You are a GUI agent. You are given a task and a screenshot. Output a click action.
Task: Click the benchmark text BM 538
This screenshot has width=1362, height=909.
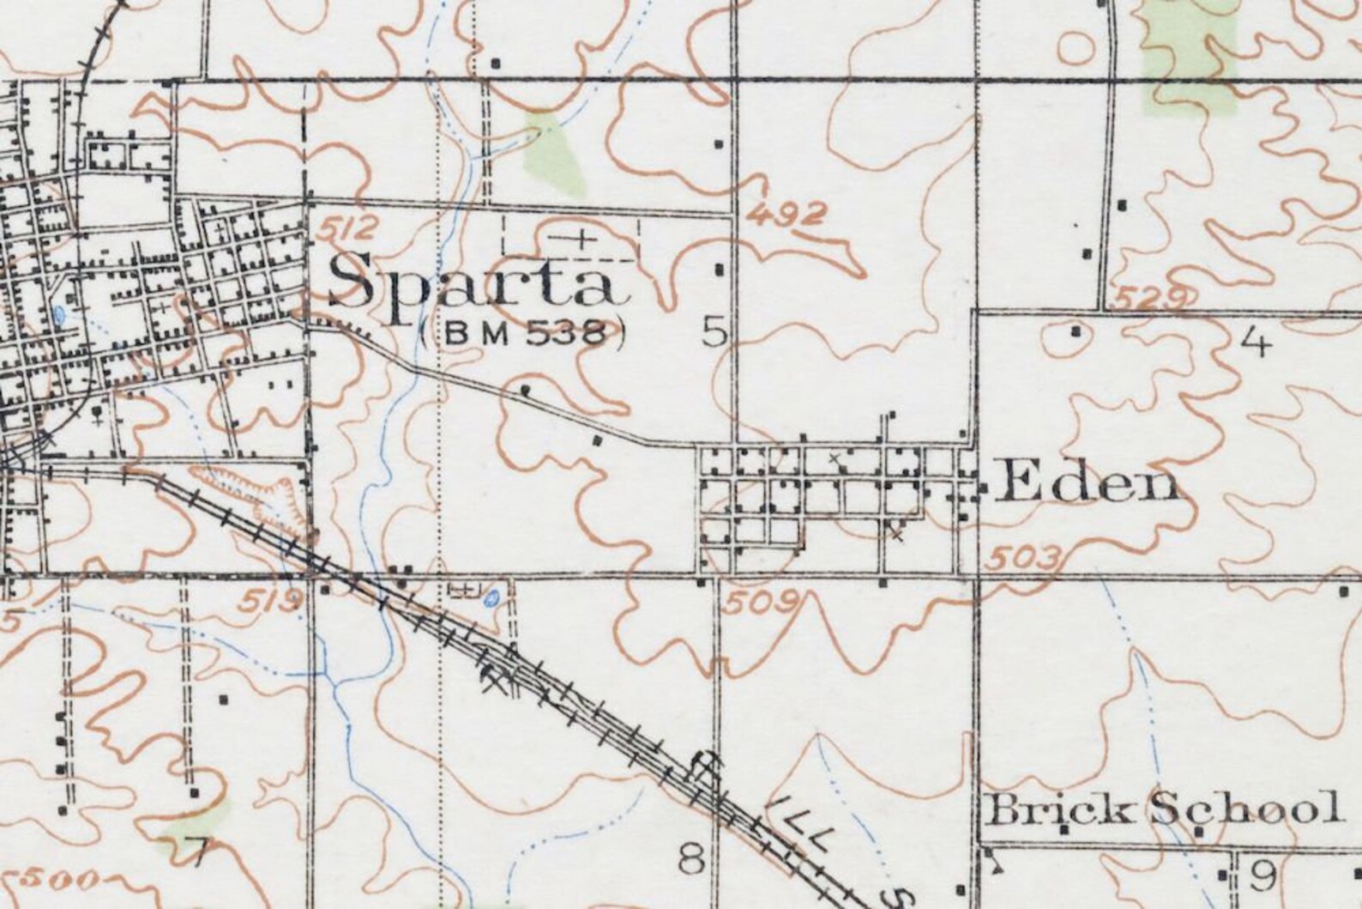coord(524,334)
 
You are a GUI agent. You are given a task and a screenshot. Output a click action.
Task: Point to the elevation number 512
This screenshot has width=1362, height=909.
coord(347,229)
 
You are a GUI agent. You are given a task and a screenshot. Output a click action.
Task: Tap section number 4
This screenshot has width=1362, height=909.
coord(1254,343)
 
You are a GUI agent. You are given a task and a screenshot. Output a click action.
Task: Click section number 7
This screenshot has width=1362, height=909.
coord(198,854)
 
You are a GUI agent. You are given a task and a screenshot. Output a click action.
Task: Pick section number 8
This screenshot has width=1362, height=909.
coord(691,857)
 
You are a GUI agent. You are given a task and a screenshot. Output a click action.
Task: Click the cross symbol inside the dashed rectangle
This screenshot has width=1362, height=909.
coord(584,238)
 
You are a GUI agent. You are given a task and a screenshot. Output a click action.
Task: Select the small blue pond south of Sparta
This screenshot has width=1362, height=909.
coord(491,598)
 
